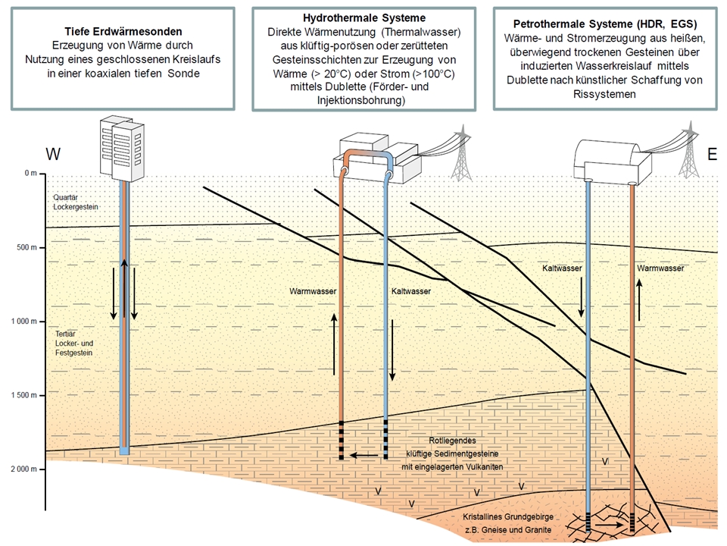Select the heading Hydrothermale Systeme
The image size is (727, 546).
pyautogui.click(x=364, y=17)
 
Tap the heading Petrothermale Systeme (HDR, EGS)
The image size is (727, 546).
pyautogui.click(x=605, y=24)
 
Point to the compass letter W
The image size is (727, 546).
pyautogui.click(x=53, y=155)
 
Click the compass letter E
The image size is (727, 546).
pyautogui.click(x=711, y=155)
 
